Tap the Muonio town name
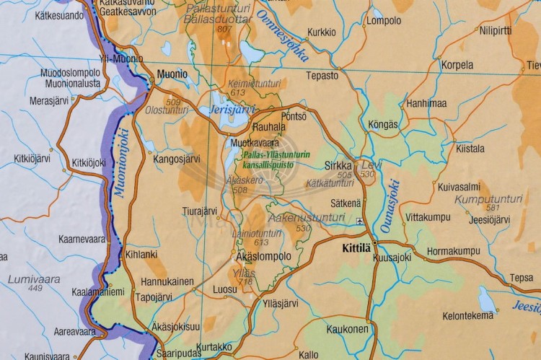click(x=172, y=74)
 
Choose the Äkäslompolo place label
click(x=263, y=256)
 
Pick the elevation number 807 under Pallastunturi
click(x=224, y=29)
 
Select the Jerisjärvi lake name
click(x=232, y=109)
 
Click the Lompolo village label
click(x=384, y=21)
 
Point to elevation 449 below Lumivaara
click(x=35, y=289)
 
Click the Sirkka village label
click(x=338, y=165)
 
